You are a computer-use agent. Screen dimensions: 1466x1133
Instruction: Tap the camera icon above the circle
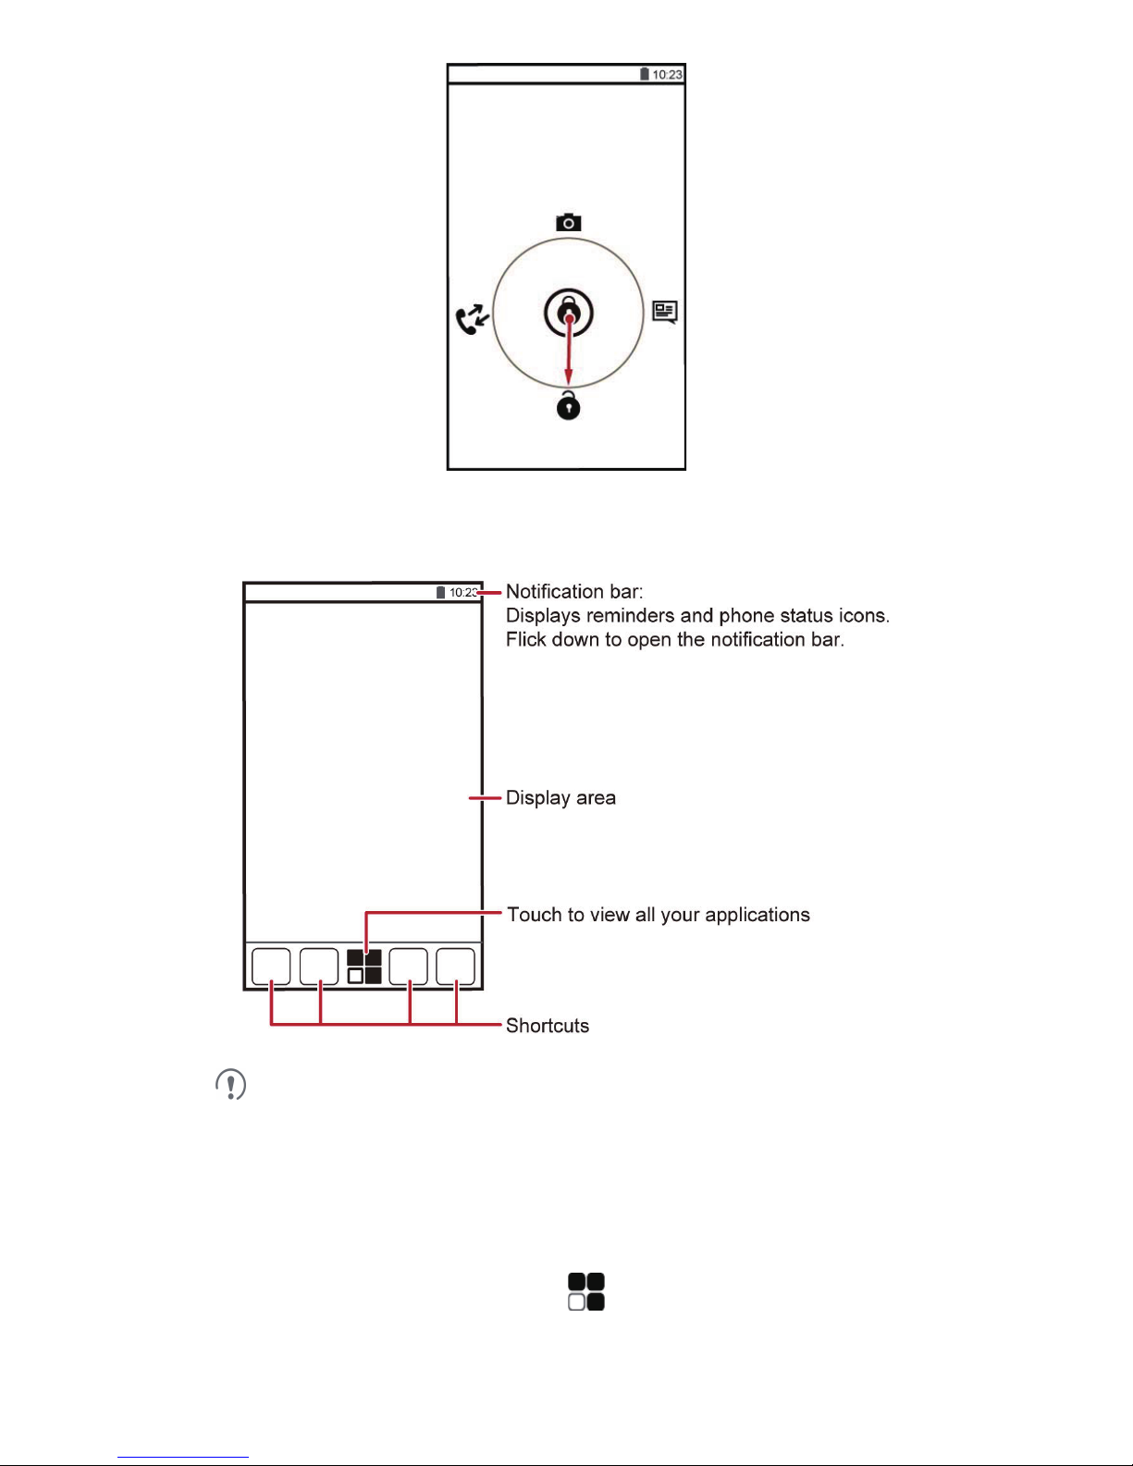point(568,222)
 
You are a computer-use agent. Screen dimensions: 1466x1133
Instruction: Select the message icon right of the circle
point(664,312)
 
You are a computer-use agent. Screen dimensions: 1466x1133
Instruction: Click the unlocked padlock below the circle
point(568,405)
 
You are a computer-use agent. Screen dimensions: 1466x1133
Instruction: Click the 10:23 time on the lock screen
point(667,75)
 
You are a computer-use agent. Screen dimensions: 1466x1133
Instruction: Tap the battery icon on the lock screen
point(645,74)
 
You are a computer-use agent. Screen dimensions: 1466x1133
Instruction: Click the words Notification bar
point(573,592)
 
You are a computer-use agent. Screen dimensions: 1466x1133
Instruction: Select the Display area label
point(560,798)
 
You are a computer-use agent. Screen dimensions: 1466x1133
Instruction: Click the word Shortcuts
point(548,1026)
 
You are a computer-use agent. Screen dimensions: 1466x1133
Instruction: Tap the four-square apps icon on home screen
point(364,967)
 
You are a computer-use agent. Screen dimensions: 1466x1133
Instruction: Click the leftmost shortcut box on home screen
point(271,967)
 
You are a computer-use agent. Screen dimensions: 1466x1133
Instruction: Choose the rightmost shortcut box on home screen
point(456,967)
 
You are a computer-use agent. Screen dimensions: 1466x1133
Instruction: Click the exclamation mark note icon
point(231,1084)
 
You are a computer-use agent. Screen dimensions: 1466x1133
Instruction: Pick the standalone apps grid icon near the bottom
point(586,1291)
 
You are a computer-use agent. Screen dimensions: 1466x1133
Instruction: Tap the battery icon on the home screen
point(441,593)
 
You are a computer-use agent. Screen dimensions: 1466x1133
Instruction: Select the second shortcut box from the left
point(319,967)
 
